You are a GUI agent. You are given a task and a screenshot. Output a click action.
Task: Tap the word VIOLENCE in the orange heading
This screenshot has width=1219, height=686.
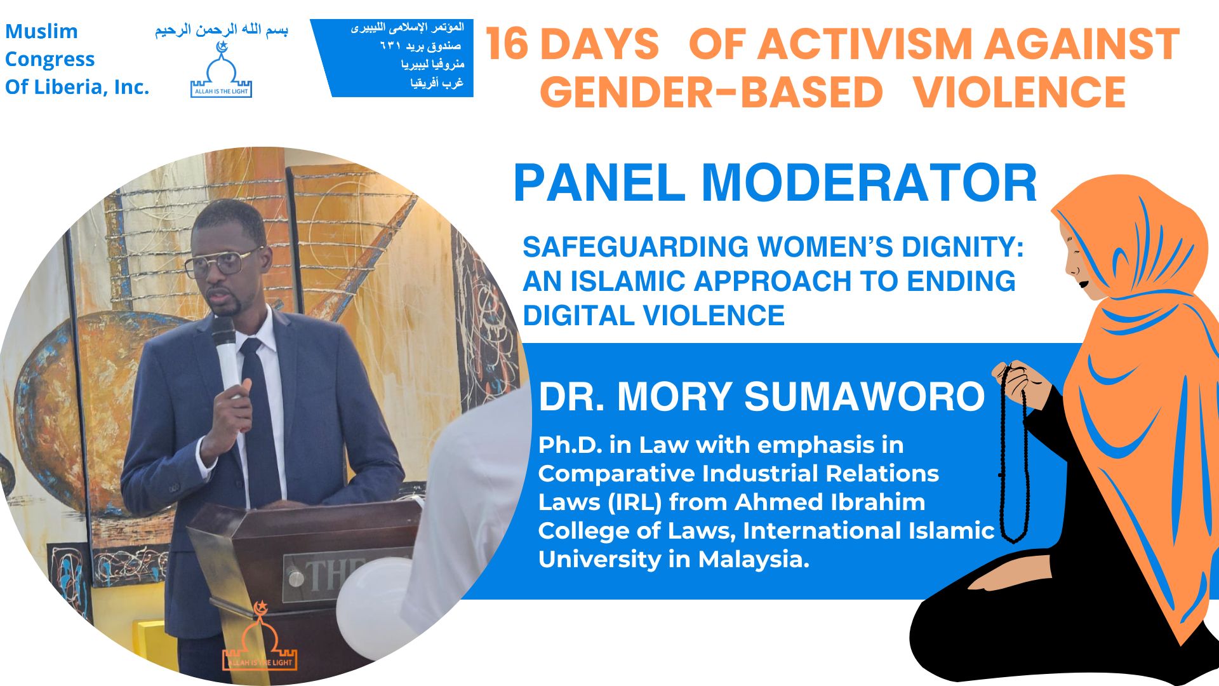pos(1020,92)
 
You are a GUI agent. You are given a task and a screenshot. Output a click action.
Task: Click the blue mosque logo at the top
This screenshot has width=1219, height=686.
pos(222,70)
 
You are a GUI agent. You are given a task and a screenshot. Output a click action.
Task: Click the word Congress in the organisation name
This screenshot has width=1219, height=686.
pos(50,59)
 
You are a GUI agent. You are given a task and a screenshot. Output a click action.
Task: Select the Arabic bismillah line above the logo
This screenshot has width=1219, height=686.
pos(222,30)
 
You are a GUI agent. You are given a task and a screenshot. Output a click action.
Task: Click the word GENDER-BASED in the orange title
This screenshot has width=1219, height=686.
pos(711,92)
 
